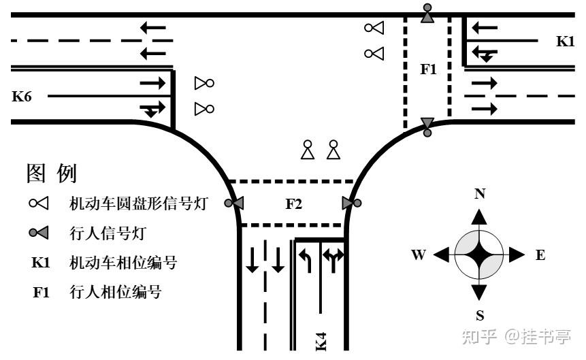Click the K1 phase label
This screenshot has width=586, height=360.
pyautogui.click(x=565, y=42)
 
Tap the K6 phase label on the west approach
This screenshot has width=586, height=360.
pyautogui.click(x=22, y=97)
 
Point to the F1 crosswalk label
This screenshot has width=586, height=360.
pyautogui.click(x=428, y=68)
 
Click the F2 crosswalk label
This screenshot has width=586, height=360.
pyautogui.click(x=293, y=203)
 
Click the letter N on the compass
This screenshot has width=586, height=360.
pyautogui.click(x=479, y=194)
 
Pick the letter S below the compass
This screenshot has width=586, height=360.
pyautogui.click(x=479, y=315)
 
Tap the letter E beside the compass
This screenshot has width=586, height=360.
pyautogui.click(x=540, y=255)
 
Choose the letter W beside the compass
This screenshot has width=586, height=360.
pyautogui.click(x=419, y=255)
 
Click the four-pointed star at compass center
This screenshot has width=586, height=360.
pyautogui.click(x=479, y=255)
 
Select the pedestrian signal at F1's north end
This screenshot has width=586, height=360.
pyautogui.click(x=427, y=14)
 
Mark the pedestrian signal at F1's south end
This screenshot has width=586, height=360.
pyautogui.click(x=427, y=125)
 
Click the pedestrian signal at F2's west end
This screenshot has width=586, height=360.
pyautogui.click(x=235, y=203)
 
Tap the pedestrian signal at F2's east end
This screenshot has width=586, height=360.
pyautogui.click(x=351, y=203)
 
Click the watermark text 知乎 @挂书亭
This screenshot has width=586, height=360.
pyautogui.click(x=517, y=336)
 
